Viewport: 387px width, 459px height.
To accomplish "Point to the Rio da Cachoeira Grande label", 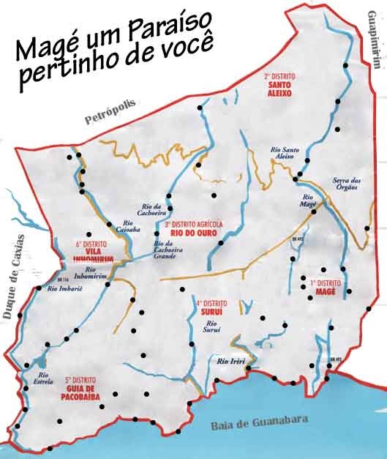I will click(x=168, y=250).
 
